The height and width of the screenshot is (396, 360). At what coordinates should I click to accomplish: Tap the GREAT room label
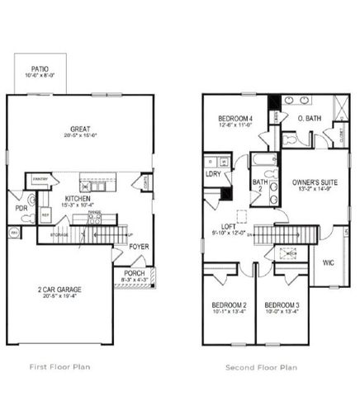coord(80,127)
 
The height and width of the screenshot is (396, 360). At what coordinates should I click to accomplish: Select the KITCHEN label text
coord(78,198)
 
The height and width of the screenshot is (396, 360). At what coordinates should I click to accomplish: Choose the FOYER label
coord(138,245)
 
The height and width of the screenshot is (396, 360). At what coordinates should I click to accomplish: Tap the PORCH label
coord(133,274)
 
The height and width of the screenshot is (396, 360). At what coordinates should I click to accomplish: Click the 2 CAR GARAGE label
coord(57,290)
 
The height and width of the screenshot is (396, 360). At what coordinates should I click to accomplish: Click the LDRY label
coord(212,174)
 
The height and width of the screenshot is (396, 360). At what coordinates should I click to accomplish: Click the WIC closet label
coord(329,262)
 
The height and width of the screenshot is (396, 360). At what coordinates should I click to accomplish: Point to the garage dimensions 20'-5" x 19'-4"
coord(57,299)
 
